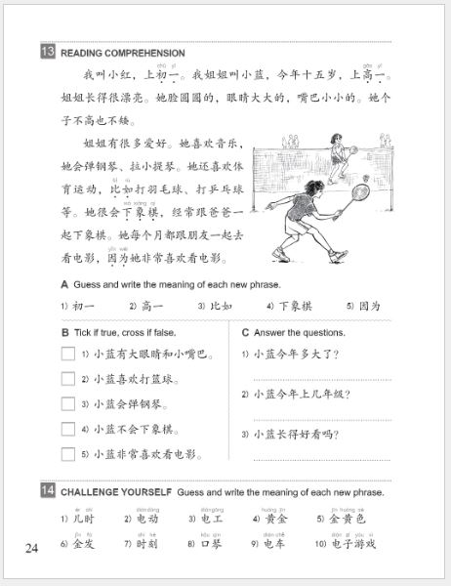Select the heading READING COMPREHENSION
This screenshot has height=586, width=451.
[122, 53]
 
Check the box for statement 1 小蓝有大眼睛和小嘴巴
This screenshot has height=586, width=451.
[68, 354]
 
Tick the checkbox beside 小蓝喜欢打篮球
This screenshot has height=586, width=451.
[68, 379]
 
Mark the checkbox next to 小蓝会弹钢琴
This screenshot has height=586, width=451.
[68, 404]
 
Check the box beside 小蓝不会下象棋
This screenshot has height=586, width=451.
[68, 429]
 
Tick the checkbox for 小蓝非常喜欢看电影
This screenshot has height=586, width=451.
[68, 454]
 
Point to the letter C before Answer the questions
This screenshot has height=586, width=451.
[245, 332]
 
